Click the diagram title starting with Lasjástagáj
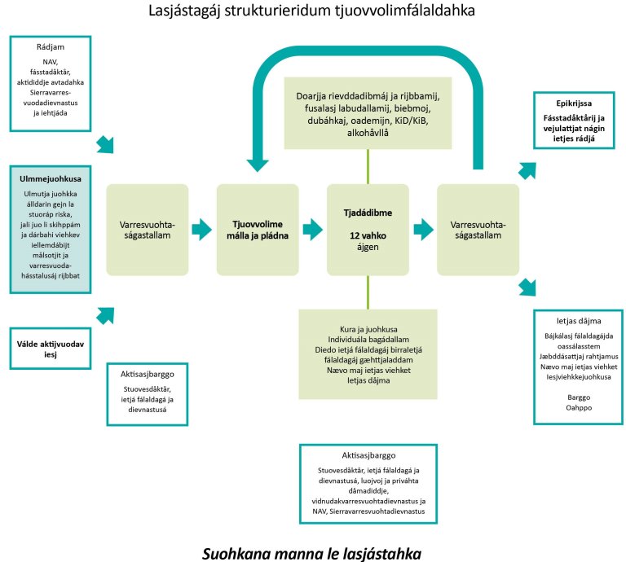(312, 12)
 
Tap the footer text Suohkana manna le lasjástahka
(312, 553)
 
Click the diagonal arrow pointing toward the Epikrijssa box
(527, 170)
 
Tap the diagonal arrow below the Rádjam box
(104, 144)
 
